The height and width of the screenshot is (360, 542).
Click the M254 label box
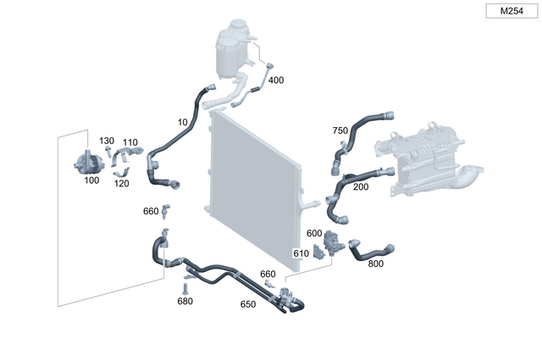[x=511, y=11]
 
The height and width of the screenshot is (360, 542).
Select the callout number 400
[x=276, y=80]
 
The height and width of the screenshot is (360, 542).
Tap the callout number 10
[x=182, y=122]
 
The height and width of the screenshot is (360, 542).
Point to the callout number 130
[x=107, y=141]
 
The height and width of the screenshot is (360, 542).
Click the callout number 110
[x=130, y=142]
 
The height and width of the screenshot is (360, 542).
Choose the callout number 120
[x=121, y=183]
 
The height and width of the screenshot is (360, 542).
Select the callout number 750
[x=340, y=130]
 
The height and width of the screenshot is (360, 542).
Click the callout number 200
[x=361, y=186]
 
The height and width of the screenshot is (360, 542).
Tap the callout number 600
[x=314, y=233]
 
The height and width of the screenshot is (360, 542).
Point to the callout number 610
[x=301, y=253]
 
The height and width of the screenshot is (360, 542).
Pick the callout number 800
[x=375, y=263]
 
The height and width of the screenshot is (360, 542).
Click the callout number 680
[x=185, y=301]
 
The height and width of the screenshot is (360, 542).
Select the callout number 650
[x=248, y=304]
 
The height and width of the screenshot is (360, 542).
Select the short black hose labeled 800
[x=371, y=249]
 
